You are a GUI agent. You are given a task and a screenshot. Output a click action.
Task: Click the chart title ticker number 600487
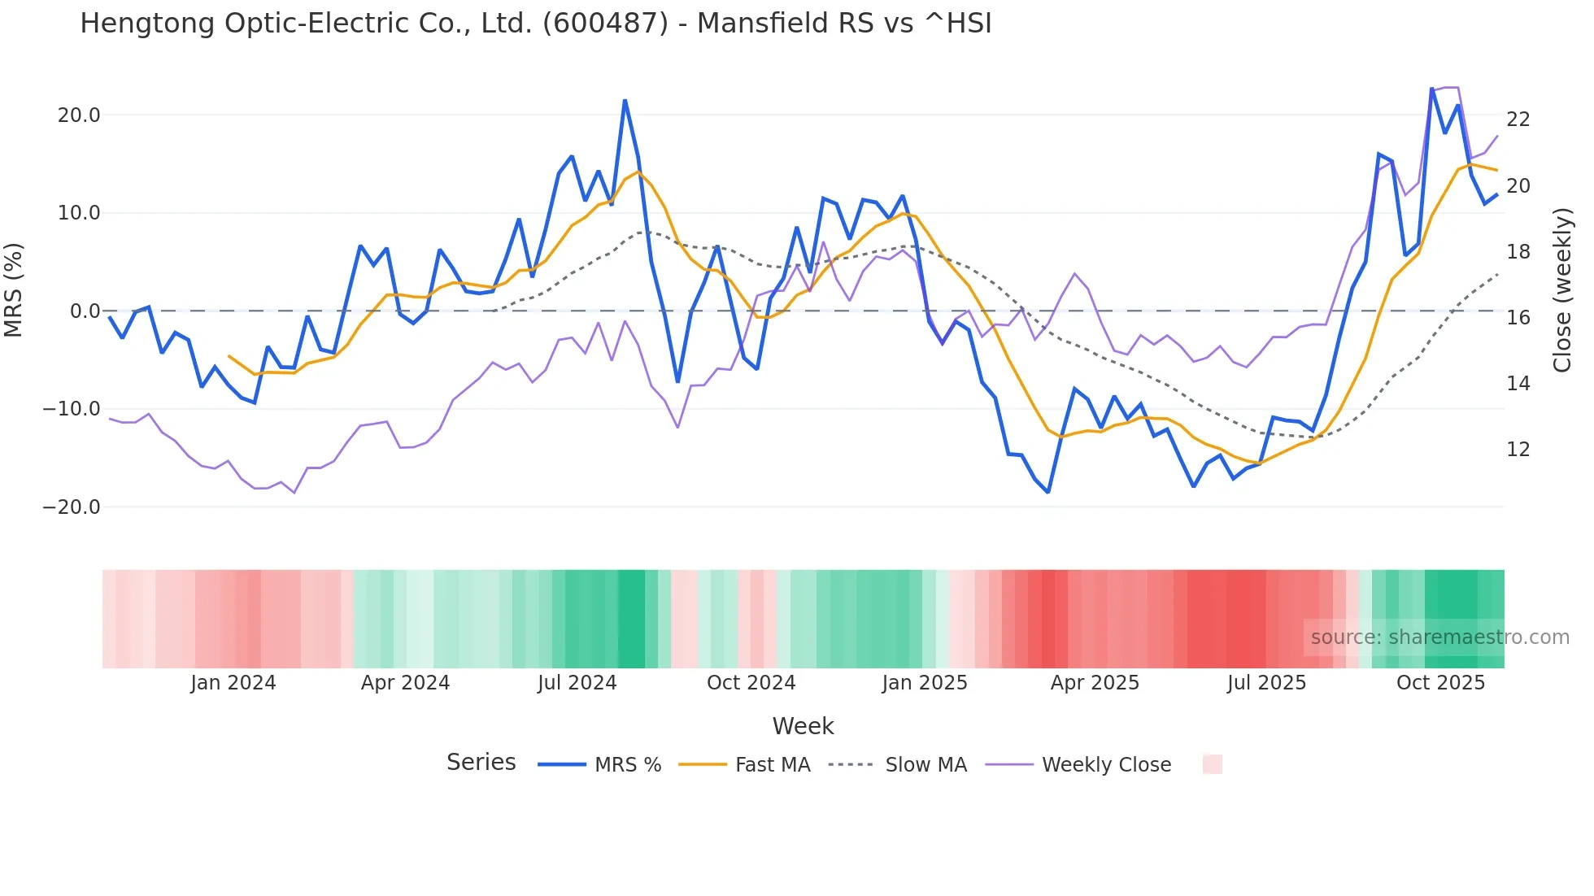click(604, 24)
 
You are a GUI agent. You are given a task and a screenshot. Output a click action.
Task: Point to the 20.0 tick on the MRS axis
click(79, 115)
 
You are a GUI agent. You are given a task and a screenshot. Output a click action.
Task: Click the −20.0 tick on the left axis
click(72, 507)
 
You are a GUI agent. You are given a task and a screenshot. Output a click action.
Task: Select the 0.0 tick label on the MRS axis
click(85, 311)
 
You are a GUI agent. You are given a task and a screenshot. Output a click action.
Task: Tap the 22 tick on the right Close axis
click(1518, 120)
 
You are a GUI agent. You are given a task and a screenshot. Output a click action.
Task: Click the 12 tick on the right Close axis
click(1518, 450)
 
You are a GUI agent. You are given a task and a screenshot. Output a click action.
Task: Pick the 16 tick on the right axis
click(1518, 318)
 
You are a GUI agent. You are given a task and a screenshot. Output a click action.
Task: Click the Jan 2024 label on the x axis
click(233, 683)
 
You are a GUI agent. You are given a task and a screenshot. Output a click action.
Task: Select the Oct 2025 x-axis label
click(1440, 683)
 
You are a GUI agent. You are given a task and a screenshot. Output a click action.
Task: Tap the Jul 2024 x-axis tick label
click(577, 683)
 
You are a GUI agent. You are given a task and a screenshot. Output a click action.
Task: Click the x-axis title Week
click(803, 726)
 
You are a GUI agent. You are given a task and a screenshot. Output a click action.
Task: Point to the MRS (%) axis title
click(14, 290)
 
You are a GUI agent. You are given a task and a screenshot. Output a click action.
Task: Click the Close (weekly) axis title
click(1561, 290)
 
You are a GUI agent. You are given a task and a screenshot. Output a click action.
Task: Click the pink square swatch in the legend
click(1212, 764)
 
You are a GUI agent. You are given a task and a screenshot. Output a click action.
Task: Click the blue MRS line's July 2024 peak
click(625, 101)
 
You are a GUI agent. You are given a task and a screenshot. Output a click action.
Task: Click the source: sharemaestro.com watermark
click(1439, 637)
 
